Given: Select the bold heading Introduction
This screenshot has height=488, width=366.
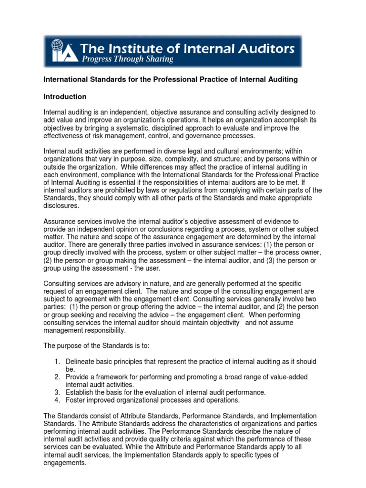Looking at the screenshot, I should pos(65,97).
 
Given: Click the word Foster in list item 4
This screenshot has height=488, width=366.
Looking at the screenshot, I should pos(75,400).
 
